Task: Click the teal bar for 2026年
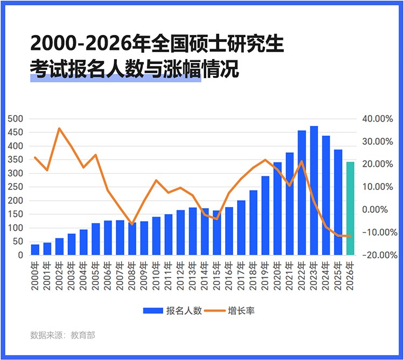[x=350, y=209]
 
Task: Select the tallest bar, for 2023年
[x=314, y=190]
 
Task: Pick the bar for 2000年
[x=35, y=250]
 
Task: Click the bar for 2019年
[x=266, y=215]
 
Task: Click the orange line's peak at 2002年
[x=59, y=128]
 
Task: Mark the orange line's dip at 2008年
[x=132, y=224]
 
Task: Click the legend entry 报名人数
[x=172, y=310]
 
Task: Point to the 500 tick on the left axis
[x=16, y=119]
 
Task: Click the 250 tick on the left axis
[x=16, y=187]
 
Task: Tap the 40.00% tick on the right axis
[x=380, y=119]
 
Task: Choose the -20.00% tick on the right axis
[x=380, y=255]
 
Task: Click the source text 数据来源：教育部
[x=62, y=335]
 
